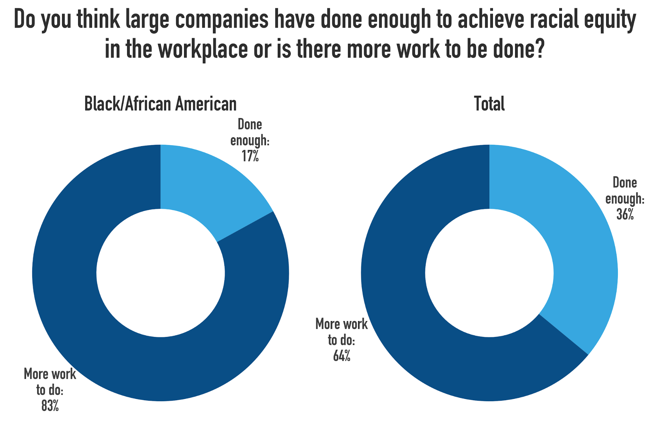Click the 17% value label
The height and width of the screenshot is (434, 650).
click(250, 156)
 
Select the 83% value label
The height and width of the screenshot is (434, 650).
click(50, 406)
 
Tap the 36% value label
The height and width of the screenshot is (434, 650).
click(625, 214)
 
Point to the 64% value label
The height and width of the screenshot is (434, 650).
click(342, 356)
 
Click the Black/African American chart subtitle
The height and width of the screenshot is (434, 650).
click(160, 104)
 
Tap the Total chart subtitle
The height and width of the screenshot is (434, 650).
click(489, 104)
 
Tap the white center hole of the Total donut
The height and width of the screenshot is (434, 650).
click(489, 273)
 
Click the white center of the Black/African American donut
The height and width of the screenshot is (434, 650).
click(160, 273)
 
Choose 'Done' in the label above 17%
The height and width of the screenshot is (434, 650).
click(250, 125)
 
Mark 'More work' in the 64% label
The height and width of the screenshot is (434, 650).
click(341, 324)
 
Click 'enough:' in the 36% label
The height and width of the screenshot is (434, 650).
click(625, 199)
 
